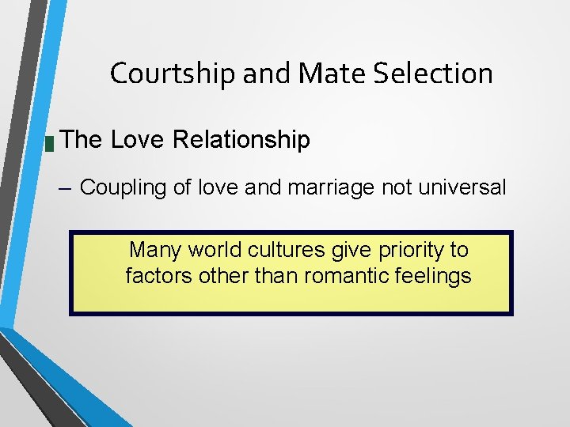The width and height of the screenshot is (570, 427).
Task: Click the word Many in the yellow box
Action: (x=153, y=250)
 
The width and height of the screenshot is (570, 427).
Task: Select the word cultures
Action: (x=281, y=250)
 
